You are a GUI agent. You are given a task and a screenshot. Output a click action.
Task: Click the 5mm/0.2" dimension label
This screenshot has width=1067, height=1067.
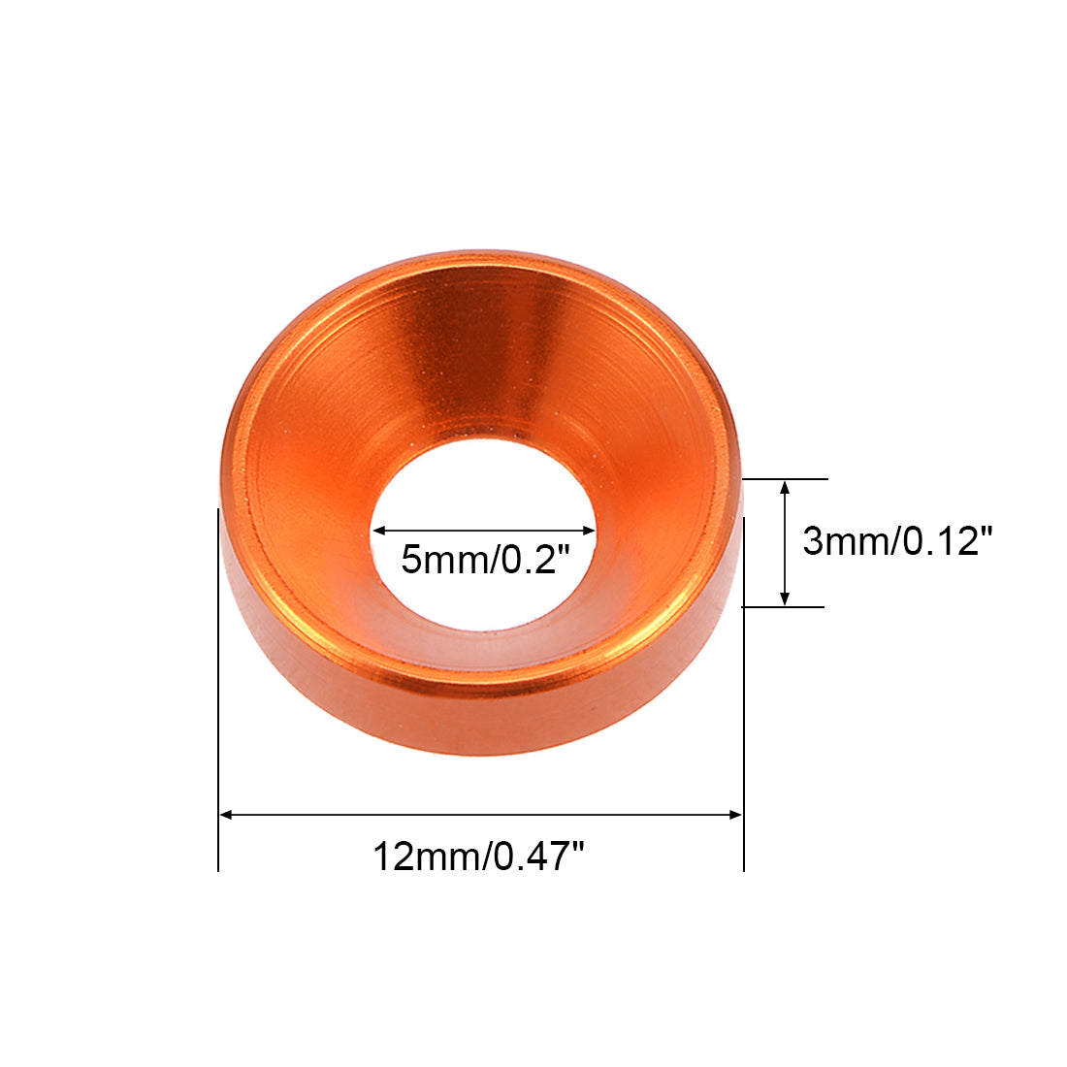click(484, 560)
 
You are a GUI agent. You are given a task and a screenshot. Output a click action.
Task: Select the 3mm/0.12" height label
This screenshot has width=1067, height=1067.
click(897, 541)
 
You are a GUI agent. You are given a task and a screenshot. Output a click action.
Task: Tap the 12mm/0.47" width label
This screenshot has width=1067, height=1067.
click(478, 857)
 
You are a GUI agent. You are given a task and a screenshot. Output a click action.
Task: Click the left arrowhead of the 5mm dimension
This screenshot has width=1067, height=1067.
click(379, 531)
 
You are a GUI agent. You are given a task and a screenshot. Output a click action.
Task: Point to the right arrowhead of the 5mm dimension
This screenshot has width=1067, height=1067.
click(589, 531)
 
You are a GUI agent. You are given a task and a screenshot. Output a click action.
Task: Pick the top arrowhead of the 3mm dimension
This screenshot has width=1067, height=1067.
click(785, 487)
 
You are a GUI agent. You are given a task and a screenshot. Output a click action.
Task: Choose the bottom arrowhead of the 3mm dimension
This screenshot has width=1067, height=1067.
click(785, 598)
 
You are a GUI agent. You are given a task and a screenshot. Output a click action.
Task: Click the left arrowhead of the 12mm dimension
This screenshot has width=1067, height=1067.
click(227, 815)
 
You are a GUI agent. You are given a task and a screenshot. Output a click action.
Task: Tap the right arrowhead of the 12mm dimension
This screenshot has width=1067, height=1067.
click(735, 815)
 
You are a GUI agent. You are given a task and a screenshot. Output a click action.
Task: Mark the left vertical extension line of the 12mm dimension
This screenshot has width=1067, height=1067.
click(218, 690)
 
